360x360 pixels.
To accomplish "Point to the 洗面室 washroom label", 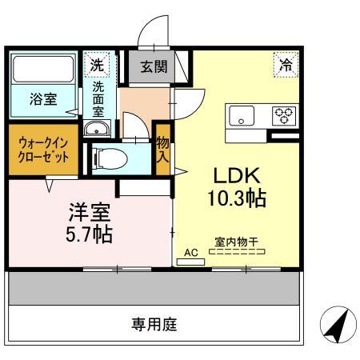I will [98, 98].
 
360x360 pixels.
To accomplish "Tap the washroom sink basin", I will [98, 129].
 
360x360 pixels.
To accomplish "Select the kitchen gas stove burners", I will [284, 115].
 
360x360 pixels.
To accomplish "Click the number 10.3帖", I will [238, 197].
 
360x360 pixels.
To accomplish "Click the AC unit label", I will [190, 252].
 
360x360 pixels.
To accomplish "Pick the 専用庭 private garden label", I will [154, 325].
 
